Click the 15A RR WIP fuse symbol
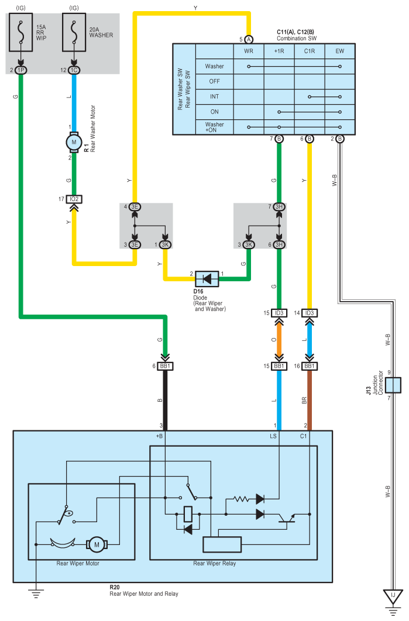[21, 33]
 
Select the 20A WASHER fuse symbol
[74, 33]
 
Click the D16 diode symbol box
[207, 279]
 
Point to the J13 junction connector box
[393, 385]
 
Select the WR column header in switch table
[249, 51]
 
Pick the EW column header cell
[340, 51]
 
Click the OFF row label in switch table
[214, 81]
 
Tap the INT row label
[214, 96]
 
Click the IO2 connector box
[74, 199]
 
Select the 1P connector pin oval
[20, 70]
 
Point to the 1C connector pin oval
[74, 70]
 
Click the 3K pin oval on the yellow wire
[165, 245]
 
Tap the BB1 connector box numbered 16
[310, 366]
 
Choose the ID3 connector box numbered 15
[279, 313]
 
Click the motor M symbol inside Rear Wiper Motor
[97, 544]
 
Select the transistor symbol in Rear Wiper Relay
[287, 517]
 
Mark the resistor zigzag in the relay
[241, 499]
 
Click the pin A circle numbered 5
[249, 39]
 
